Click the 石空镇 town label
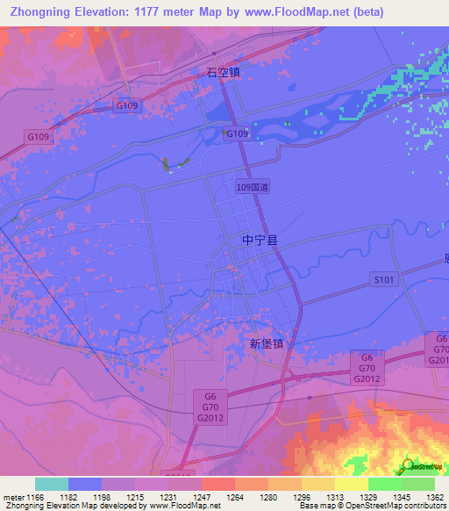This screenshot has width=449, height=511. coord(224,74)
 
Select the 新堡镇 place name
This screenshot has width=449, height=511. coord(267,345)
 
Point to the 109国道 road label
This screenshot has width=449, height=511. coord(253,186)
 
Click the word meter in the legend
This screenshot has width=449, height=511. coord(14,496)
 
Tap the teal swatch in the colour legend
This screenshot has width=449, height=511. coord(52,484)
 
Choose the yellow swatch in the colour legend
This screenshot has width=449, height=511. coord(351,484)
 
